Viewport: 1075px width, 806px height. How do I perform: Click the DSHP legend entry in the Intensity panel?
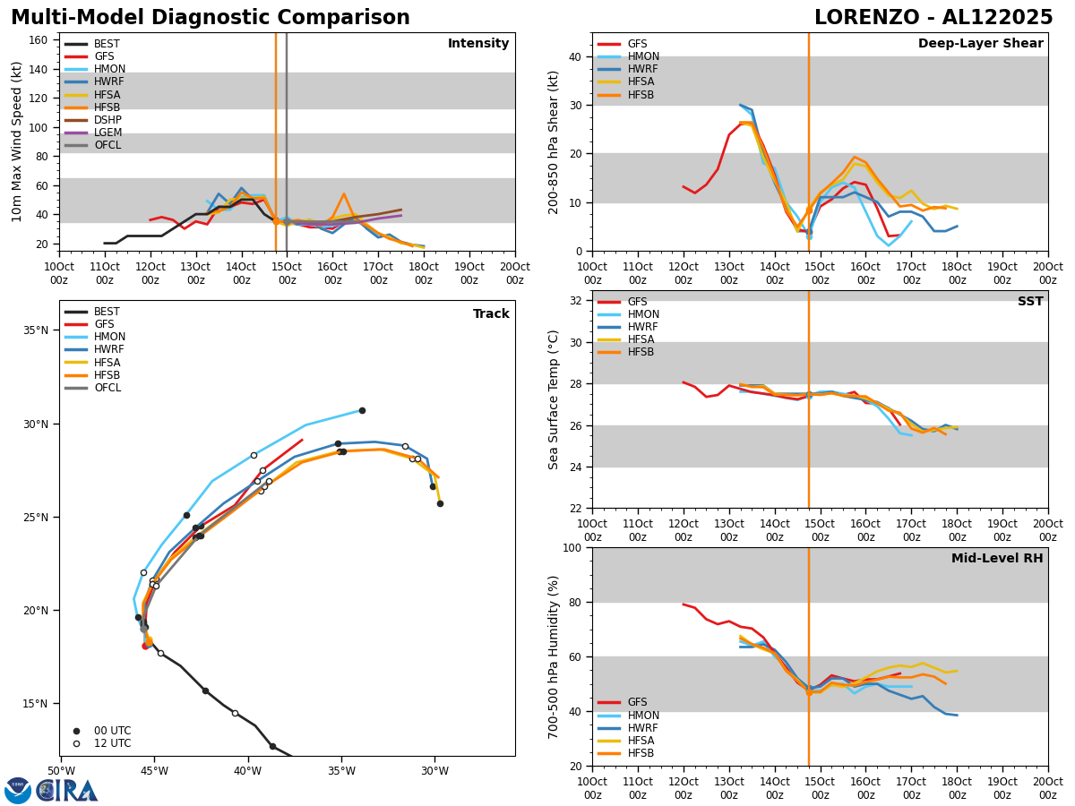click(107, 120)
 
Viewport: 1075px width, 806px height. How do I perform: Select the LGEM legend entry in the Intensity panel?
click(107, 133)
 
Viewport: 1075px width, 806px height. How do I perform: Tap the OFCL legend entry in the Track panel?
click(107, 388)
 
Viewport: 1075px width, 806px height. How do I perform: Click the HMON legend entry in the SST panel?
click(643, 314)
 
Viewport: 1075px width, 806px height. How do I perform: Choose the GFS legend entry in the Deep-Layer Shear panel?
click(637, 44)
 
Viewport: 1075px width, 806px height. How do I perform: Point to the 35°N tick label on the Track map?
click(36, 330)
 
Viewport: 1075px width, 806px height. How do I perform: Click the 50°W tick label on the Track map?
click(61, 771)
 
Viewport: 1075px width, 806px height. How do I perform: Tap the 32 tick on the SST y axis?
click(577, 300)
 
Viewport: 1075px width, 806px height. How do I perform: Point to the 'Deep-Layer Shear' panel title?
click(980, 44)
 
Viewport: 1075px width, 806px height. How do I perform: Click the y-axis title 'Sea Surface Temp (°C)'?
click(554, 399)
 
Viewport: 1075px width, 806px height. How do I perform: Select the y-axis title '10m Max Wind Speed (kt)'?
click(17, 141)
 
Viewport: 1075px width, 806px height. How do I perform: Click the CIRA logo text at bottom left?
click(68, 790)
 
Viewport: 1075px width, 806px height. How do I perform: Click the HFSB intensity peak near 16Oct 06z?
click(343, 193)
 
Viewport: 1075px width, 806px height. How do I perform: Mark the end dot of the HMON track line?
click(362, 410)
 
